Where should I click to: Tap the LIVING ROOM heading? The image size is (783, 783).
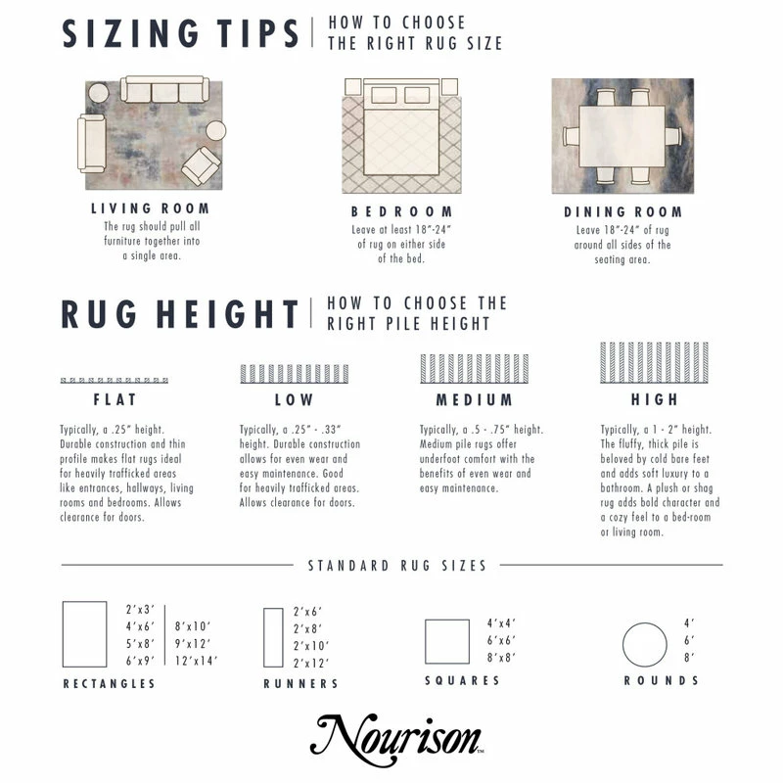[150, 208]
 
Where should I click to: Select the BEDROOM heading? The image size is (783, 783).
[401, 211]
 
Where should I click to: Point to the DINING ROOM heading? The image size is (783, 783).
[622, 211]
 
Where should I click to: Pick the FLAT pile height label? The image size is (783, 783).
[115, 399]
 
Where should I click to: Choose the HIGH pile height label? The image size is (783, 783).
[654, 399]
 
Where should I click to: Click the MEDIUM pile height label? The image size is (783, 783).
[474, 399]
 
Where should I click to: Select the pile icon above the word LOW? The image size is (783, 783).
[294, 373]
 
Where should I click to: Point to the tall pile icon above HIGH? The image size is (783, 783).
[654, 361]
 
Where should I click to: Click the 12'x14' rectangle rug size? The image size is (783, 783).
[196, 661]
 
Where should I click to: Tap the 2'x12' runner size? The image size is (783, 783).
[310, 665]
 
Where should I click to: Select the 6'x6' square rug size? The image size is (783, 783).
[502, 640]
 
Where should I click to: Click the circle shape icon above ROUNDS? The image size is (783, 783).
[645, 643]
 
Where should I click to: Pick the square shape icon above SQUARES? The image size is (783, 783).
[447, 642]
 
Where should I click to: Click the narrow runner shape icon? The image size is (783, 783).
[273, 637]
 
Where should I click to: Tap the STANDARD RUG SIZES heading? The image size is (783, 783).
[397, 566]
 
